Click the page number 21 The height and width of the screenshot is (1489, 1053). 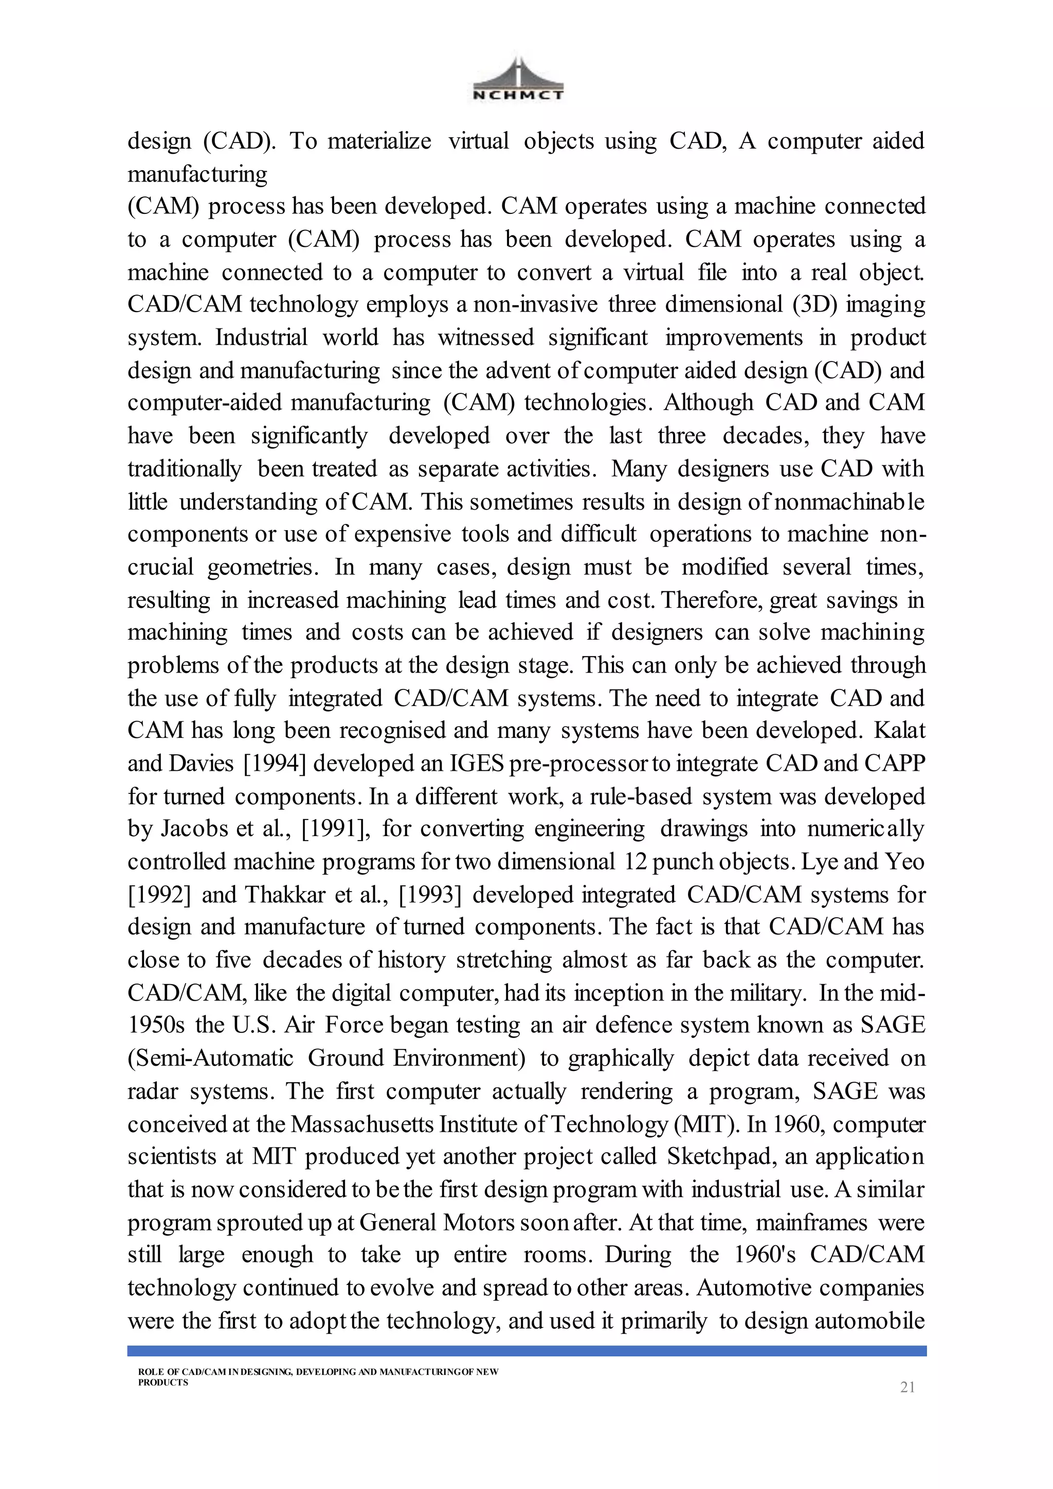(907, 1387)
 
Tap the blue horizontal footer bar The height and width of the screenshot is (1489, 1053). (526, 1350)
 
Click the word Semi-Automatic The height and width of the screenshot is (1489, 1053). (211, 1058)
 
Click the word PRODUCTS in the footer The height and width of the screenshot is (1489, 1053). (163, 1382)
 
